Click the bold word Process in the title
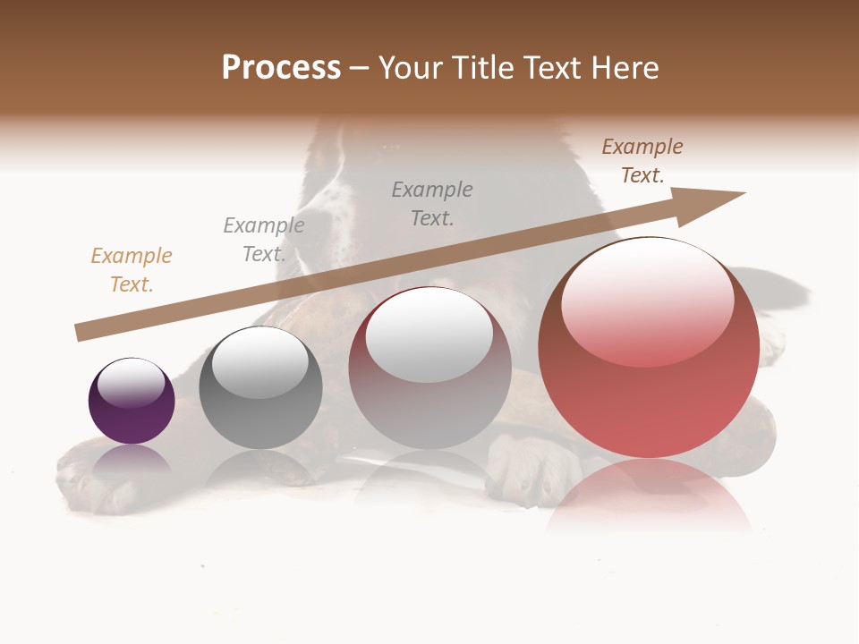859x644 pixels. [x=281, y=68]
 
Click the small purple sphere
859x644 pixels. [x=132, y=402]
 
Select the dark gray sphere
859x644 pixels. [x=260, y=388]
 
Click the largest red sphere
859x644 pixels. [x=649, y=349]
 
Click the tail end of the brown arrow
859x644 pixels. [x=78, y=333]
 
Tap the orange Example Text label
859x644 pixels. [x=132, y=270]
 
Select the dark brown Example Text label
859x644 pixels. [x=642, y=161]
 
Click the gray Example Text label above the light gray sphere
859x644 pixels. [x=432, y=204]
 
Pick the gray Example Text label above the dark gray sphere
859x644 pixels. [x=263, y=240]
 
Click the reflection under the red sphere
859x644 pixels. [x=649, y=496]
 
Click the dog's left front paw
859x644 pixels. [x=98, y=474]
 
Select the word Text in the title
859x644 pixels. [x=547, y=68]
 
